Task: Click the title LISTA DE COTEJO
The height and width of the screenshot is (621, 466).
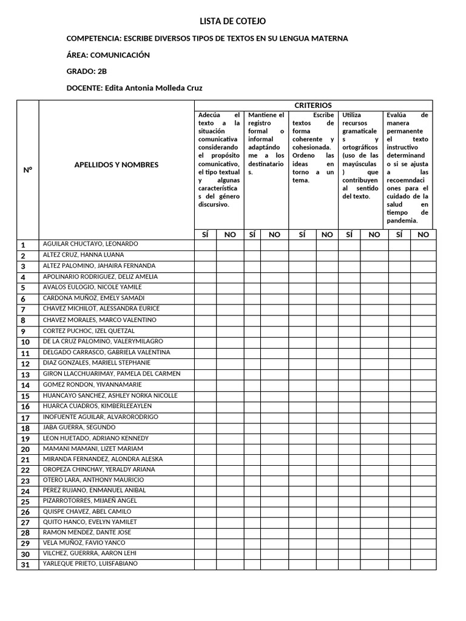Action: point(232,21)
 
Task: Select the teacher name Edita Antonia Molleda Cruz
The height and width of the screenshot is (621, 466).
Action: point(154,88)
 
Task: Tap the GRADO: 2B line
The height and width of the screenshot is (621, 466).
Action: point(86,72)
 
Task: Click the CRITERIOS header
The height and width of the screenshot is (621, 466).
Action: point(312,106)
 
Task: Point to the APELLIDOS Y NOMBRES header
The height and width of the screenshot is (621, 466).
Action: point(116,164)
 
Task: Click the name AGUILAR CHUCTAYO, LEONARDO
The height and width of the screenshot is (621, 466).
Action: point(90,244)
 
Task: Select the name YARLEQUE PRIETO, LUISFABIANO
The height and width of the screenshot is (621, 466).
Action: point(90,564)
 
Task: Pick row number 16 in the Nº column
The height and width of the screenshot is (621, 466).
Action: point(25,407)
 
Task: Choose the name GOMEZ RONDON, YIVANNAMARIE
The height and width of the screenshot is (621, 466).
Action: point(92,384)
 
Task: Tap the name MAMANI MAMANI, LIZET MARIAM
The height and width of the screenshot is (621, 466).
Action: point(92,449)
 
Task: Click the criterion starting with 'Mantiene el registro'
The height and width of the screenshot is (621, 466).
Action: point(266,143)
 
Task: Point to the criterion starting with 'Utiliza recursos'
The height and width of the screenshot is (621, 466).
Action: point(360,155)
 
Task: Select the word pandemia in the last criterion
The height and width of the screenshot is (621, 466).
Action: point(402,221)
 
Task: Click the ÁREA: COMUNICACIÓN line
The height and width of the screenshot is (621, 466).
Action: point(108,55)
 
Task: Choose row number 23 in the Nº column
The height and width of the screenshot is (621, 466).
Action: point(25,481)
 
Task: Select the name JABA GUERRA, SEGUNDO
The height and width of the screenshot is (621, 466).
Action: point(79,428)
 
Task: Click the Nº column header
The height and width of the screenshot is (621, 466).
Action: point(27,170)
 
